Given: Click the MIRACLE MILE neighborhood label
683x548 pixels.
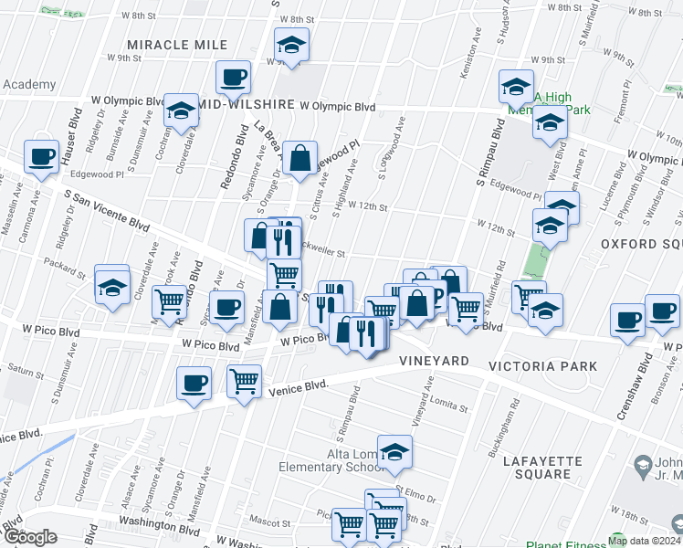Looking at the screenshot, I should tap(177, 45).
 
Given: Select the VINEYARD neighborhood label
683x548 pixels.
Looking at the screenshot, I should tap(434, 362).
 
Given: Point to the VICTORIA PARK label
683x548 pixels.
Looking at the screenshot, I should tap(542, 366).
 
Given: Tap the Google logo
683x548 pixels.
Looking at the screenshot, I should tap(30, 536).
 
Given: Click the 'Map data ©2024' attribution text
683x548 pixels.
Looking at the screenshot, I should tap(644, 541).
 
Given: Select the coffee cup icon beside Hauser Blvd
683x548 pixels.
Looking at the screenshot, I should tap(42, 156).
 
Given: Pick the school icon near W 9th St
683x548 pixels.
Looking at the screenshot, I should tap(291, 45).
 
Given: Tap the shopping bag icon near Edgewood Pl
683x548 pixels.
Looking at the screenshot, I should tap(299, 159).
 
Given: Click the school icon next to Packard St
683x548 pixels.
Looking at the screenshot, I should tap(113, 289).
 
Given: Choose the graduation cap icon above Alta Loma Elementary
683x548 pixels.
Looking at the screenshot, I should tap(394, 452).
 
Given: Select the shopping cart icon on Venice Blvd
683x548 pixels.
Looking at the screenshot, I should tap(244, 381).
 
